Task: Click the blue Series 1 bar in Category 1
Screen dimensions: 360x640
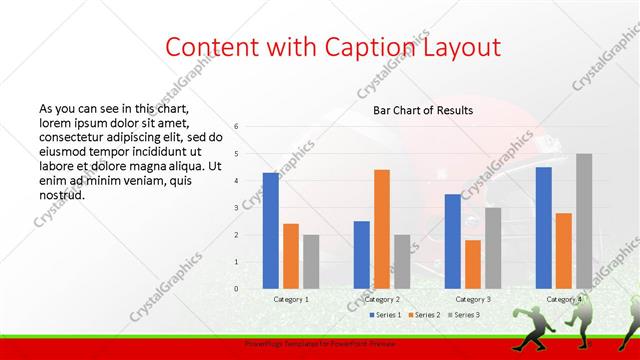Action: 271,230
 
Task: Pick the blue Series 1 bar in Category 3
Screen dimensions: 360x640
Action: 453,241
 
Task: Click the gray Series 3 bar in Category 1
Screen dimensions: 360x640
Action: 311,261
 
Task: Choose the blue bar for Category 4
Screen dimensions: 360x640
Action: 544,227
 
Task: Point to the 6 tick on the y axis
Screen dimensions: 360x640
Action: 237,126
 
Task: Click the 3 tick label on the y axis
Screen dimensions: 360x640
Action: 237,207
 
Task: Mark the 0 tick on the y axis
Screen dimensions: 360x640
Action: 237,288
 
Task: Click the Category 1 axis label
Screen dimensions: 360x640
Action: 291,299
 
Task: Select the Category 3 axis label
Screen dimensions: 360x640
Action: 473,299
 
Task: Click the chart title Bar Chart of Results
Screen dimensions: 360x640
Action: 423,110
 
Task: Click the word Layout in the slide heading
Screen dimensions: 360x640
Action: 456,47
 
